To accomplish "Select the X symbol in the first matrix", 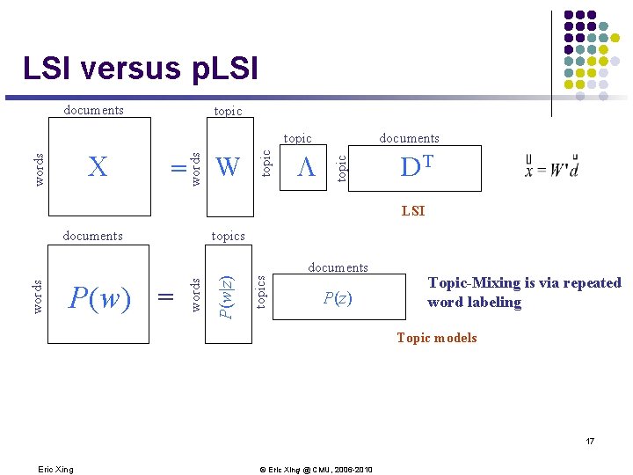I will (98, 166).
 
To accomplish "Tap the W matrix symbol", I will (227, 166).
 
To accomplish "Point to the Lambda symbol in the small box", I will (305, 167).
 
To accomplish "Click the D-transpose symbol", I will (415, 167).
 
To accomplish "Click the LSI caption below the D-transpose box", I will (412, 211).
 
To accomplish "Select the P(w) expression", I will (99, 299).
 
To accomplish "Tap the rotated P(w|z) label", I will (226, 297).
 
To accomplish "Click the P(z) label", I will (338, 298).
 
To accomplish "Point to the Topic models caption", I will (436, 338).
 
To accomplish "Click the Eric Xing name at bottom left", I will (55, 469).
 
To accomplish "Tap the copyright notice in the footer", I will (316, 469).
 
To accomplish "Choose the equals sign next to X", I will (179, 167).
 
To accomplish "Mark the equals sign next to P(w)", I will (164, 299).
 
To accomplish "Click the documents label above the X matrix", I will (93, 111).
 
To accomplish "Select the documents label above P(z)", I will (338, 267).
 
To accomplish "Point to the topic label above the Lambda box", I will (297, 138).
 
